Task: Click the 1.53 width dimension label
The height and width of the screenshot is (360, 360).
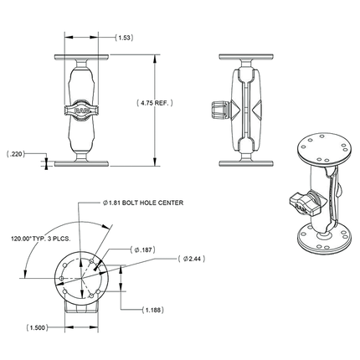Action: click(x=123, y=38)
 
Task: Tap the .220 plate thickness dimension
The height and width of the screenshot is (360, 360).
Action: click(x=17, y=155)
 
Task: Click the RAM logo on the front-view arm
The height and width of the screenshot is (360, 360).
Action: click(x=80, y=108)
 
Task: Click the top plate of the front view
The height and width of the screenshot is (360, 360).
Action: click(x=80, y=58)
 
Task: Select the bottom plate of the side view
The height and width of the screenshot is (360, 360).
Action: click(x=244, y=161)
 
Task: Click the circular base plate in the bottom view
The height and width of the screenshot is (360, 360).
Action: click(x=80, y=275)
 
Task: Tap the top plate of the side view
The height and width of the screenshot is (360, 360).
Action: click(x=244, y=58)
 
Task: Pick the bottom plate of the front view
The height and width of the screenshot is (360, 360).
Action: click(x=80, y=161)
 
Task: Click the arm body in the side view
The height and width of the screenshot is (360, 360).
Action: click(x=244, y=109)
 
